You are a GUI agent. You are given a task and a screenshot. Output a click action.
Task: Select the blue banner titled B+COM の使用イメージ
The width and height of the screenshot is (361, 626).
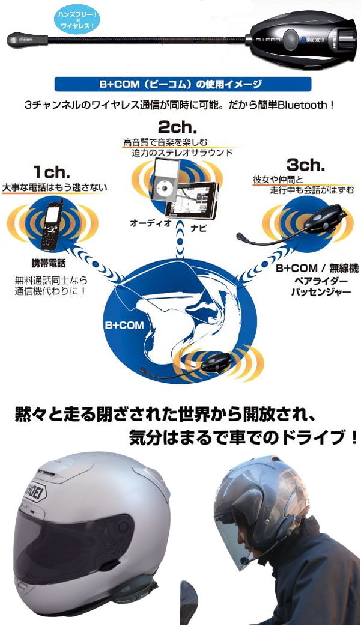click(183, 84)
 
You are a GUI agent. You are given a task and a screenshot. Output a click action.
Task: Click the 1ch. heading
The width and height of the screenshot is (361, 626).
click(52, 172)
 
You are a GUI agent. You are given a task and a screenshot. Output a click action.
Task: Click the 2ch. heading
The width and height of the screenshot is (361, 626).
click(177, 127)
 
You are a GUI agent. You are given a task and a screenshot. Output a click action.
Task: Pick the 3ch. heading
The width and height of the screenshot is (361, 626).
click(306, 165)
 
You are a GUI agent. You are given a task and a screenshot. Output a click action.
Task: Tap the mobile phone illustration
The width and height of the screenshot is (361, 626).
click(53, 225)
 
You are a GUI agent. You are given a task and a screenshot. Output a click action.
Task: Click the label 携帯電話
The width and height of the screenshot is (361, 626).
click(48, 263)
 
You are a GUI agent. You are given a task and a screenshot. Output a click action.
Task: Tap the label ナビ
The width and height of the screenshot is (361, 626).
click(198, 228)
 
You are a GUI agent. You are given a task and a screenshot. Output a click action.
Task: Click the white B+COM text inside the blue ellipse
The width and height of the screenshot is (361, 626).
click(124, 325)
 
